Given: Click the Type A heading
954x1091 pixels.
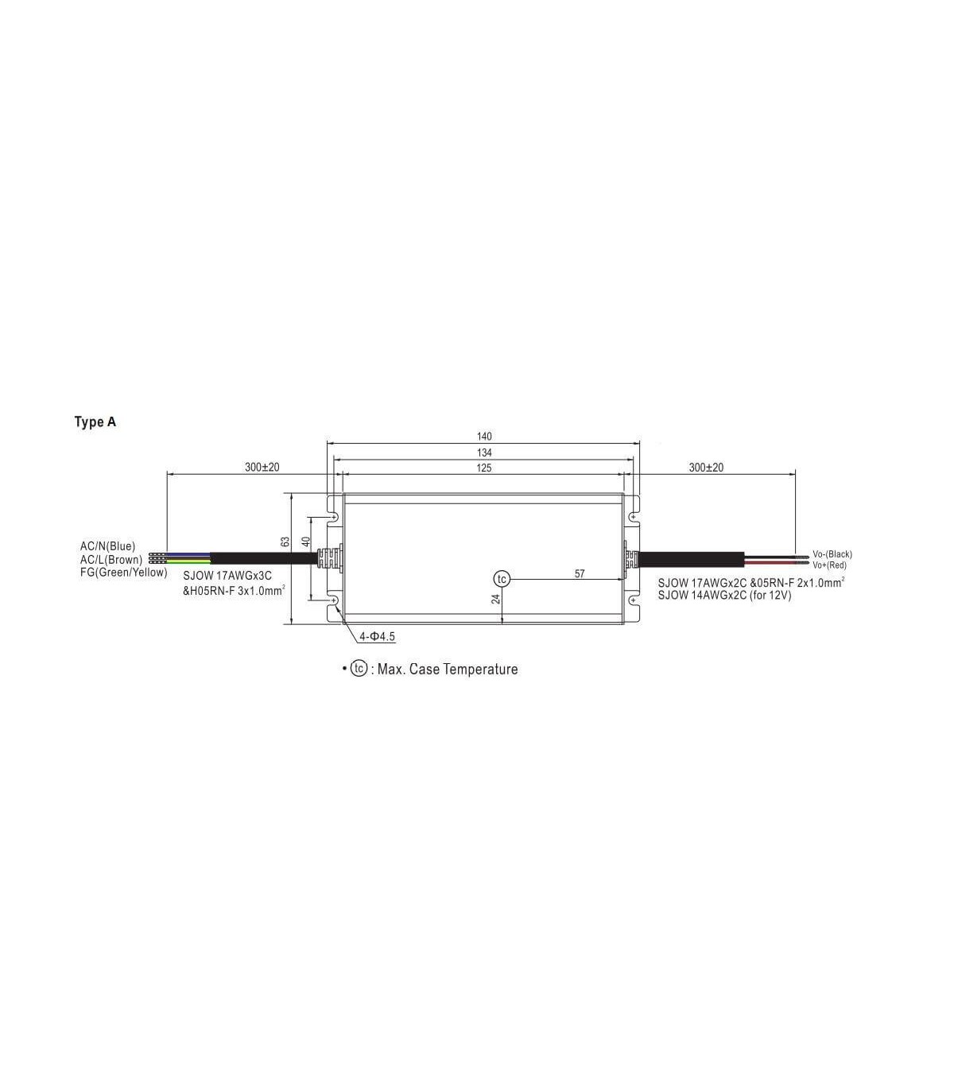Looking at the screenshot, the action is [95, 421].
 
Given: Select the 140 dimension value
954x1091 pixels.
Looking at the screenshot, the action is [484, 437].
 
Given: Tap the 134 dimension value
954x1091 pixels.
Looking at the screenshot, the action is [484, 452].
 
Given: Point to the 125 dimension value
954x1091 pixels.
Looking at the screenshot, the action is [484, 468].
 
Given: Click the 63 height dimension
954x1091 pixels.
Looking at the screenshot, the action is [285, 542].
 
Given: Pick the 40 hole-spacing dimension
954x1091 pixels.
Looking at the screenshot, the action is [306, 542].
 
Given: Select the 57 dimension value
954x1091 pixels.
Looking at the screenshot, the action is [580, 574].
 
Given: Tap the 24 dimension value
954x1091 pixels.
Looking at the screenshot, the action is [496, 599].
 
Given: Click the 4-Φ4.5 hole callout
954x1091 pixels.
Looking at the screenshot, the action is [377, 637].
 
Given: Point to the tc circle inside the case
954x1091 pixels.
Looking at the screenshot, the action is [502, 579].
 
